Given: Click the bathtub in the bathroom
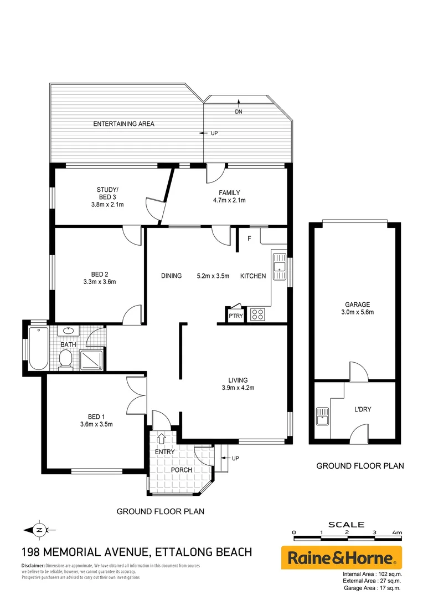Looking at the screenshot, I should (38, 348).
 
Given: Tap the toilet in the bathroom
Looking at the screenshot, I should (66, 361).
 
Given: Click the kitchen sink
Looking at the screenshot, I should (280, 264).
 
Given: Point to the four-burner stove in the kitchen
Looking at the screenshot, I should (257, 314).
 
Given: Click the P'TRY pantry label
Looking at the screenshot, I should (235, 316).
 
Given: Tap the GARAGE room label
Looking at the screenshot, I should (357, 304).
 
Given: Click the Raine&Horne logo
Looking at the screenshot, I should (342, 557).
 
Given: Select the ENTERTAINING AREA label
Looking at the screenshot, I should (123, 124).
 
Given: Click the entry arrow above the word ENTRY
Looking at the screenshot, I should (162, 439).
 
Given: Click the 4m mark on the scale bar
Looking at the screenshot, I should (396, 532).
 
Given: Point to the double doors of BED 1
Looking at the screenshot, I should (136, 394).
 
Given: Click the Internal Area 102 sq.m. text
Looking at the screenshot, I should (372, 573).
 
